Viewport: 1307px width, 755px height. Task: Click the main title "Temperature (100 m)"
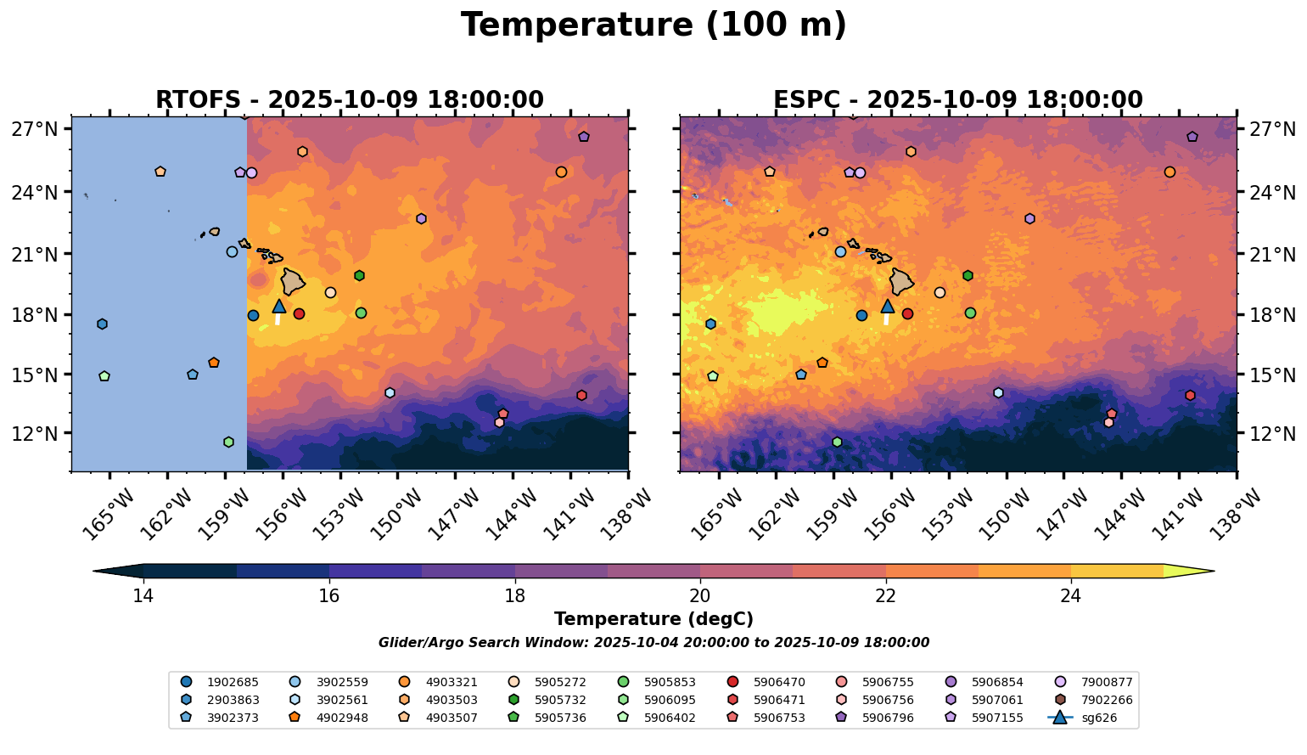point(653,25)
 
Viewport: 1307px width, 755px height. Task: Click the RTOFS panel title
point(349,100)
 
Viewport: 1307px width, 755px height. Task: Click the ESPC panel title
point(958,100)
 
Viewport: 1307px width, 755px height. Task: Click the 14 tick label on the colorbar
point(143,596)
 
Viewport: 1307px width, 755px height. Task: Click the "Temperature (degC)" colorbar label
point(653,620)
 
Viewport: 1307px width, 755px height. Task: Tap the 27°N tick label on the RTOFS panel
point(35,130)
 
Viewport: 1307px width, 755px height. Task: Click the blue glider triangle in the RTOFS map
point(278,307)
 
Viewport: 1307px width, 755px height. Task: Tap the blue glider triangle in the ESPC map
point(888,307)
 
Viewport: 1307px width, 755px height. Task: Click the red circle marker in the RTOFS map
point(299,314)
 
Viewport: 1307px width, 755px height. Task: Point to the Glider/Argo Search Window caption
point(653,643)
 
